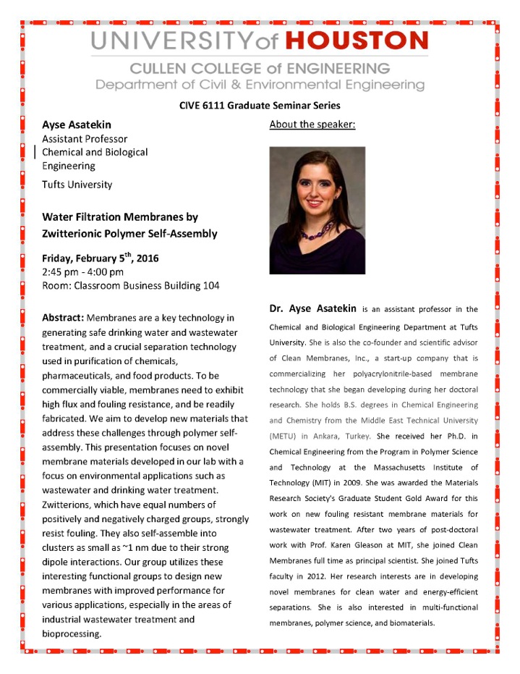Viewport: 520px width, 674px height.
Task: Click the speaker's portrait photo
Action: [317, 210]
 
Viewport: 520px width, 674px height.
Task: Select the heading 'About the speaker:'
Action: [312, 125]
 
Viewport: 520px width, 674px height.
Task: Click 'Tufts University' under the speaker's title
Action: [77, 184]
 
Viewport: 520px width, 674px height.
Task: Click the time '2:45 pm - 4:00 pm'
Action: [83, 271]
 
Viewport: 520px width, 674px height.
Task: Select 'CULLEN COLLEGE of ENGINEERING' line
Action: [260, 69]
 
